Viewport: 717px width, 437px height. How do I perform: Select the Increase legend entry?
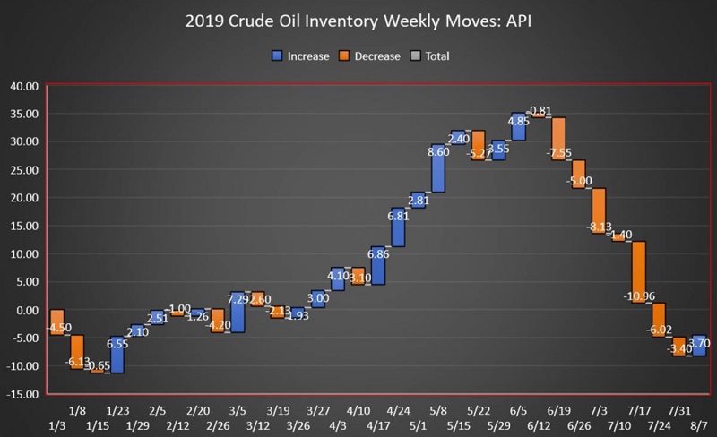[x=299, y=56]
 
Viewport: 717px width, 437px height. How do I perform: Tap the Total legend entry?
[x=428, y=56]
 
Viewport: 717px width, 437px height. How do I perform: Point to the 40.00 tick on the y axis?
[x=24, y=86]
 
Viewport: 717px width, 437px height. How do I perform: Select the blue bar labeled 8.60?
[x=438, y=168]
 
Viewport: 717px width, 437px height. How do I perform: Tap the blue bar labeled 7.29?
[x=238, y=312]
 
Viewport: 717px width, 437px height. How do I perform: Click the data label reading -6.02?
[x=659, y=329]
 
